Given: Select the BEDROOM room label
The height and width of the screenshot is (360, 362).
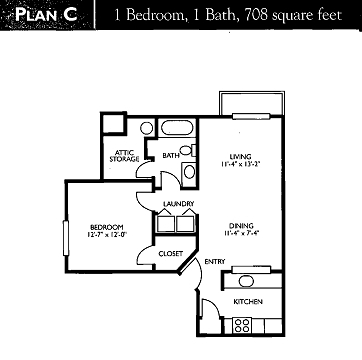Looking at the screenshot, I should (x=105, y=226).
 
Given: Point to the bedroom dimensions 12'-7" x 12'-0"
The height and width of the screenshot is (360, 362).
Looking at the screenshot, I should (x=105, y=235).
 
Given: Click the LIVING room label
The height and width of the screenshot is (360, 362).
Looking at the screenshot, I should (x=239, y=156).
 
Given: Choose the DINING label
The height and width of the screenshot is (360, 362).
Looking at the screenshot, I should (x=239, y=225).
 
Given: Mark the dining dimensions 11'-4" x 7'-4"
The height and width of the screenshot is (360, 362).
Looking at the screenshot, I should (x=239, y=234).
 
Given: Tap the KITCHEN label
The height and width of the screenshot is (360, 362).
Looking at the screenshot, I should (x=248, y=300).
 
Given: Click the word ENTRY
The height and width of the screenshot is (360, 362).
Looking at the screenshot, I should (x=215, y=262).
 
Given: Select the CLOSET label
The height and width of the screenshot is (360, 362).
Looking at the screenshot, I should (x=170, y=254).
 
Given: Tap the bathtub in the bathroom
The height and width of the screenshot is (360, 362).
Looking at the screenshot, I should (x=181, y=129).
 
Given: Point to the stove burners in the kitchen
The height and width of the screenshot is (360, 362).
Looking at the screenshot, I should (x=241, y=324).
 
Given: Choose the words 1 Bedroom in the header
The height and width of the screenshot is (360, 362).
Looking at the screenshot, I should (x=149, y=15).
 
